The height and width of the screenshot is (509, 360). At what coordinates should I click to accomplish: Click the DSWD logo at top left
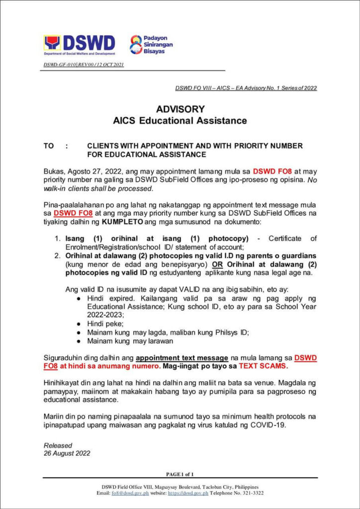(x=79, y=45)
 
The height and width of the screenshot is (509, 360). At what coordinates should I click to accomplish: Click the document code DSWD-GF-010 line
(x=84, y=65)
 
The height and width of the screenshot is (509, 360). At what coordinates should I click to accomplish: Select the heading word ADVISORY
(x=180, y=109)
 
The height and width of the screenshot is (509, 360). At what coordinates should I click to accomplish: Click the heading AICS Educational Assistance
(x=180, y=120)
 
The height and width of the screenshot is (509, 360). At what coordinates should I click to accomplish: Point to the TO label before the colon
(x=49, y=146)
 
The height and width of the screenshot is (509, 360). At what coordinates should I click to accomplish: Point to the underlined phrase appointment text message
(x=181, y=358)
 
